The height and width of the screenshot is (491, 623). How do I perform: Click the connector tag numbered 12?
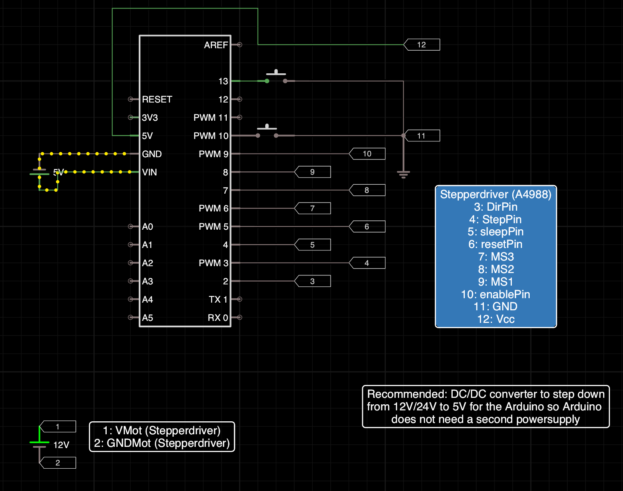422,45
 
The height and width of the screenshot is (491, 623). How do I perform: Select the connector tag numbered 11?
422,136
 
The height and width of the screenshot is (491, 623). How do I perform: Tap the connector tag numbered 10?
367,154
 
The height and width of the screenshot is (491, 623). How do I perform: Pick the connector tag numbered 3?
312,281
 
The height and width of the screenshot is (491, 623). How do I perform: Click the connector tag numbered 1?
58,427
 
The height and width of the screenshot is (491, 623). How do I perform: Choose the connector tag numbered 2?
58,463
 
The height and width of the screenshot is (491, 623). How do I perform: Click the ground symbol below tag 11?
404,174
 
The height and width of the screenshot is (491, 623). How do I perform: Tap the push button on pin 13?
276,76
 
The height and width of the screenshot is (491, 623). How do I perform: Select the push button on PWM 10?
267,131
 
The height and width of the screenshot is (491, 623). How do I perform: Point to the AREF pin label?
216,45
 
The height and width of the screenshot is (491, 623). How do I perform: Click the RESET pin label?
157,100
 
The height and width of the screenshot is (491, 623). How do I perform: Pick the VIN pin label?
149,172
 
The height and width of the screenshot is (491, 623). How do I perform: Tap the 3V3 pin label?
150,118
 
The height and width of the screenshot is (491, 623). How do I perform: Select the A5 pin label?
147,318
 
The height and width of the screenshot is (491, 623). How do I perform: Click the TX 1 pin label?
218,299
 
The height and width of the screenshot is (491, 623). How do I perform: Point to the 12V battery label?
61,445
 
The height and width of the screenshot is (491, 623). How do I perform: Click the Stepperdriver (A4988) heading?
496,194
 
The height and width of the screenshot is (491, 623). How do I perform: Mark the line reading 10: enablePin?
496,295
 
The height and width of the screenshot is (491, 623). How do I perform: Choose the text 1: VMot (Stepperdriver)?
162,431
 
